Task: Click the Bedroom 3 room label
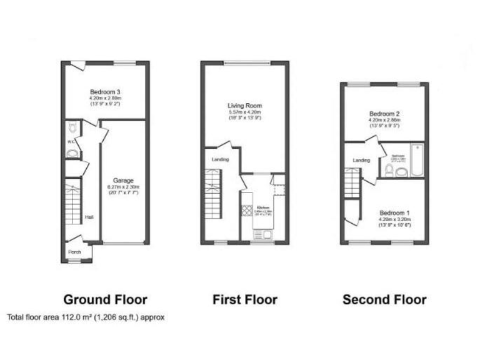click(x=105, y=92)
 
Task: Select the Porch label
click(x=75, y=252)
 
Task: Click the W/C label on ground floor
click(x=71, y=141)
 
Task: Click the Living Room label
click(x=244, y=106)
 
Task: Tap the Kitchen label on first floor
click(x=263, y=207)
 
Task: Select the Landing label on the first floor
click(x=220, y=160)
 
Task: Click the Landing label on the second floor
click(x=361, y=161)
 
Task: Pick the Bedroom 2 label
click(x=384, y=114)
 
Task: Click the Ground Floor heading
click(x=106, y=299)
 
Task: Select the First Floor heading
click(x=245, y=299)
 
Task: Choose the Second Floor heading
click(x=384, y=299)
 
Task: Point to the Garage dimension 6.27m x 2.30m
click(x=122, y=187)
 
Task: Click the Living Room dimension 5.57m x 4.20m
click(x=244, y=112)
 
